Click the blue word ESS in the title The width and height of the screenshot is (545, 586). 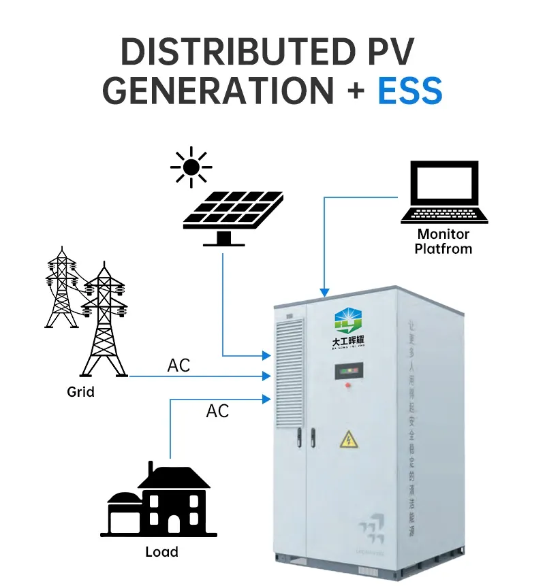click(410, 91)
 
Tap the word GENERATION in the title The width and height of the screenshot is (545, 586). click(217, 91)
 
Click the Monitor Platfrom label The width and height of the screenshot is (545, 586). click(444, 242)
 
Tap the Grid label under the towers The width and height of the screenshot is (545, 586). click(80, 392)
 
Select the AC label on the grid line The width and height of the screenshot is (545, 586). click(178, 366)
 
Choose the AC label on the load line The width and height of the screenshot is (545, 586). click(217, 411)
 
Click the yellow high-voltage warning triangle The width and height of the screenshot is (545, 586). click(349, 439)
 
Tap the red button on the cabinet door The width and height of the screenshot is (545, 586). click(348, 386)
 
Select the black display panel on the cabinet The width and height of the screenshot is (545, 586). click(347, 372)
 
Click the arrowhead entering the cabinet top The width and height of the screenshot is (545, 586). click(324, 291)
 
